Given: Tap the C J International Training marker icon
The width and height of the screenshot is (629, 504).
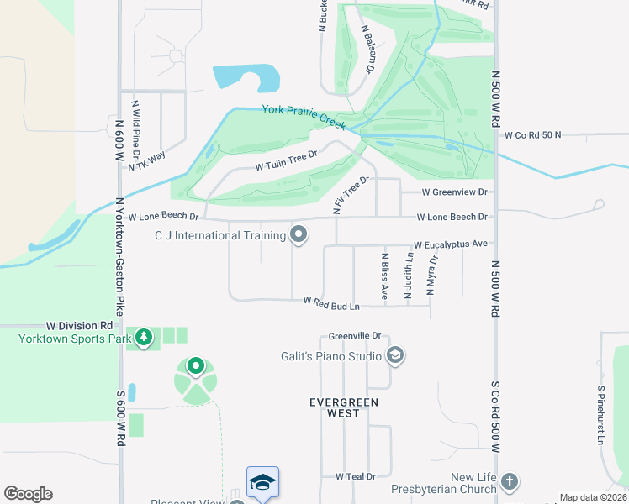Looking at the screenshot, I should click(299, 235).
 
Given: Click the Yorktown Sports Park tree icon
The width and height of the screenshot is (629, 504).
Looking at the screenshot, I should click(145, 339).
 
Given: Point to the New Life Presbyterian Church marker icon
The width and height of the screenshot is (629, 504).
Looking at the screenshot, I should click(509, 483).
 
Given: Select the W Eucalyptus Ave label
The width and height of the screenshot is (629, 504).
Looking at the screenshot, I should click(450, 244).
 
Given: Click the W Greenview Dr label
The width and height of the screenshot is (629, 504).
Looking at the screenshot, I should click(454, 192).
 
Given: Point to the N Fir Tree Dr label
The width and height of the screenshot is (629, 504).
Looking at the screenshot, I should click(351, 196).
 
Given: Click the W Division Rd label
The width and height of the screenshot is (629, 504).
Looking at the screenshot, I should click(80, 325).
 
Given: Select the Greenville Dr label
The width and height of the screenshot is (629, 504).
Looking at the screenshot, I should click(356, 335).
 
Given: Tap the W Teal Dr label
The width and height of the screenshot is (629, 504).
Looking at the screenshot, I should click(356, 476).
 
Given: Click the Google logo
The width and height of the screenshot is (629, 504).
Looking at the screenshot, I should click(28, 494).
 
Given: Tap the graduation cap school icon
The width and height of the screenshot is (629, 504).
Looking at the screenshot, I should click(262, 482).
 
